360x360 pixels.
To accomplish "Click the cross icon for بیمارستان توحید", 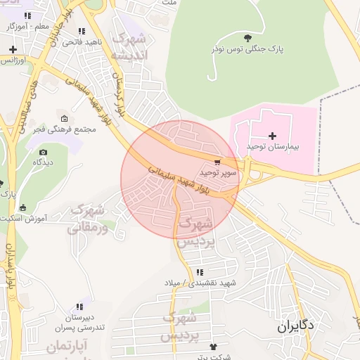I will tap(273, 135).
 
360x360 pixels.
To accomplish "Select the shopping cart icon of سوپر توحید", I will tap(219, 162).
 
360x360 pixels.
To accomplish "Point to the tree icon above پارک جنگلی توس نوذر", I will tap(245, 38).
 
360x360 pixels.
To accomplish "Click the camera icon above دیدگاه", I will tap(43, 152).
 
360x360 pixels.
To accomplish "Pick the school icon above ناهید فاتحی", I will tap(82, 32).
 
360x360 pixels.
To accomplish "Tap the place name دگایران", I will tap(296, 326).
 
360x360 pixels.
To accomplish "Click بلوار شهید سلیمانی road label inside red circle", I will tap(180, 177).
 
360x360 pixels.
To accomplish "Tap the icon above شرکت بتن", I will tap(214, 347).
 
